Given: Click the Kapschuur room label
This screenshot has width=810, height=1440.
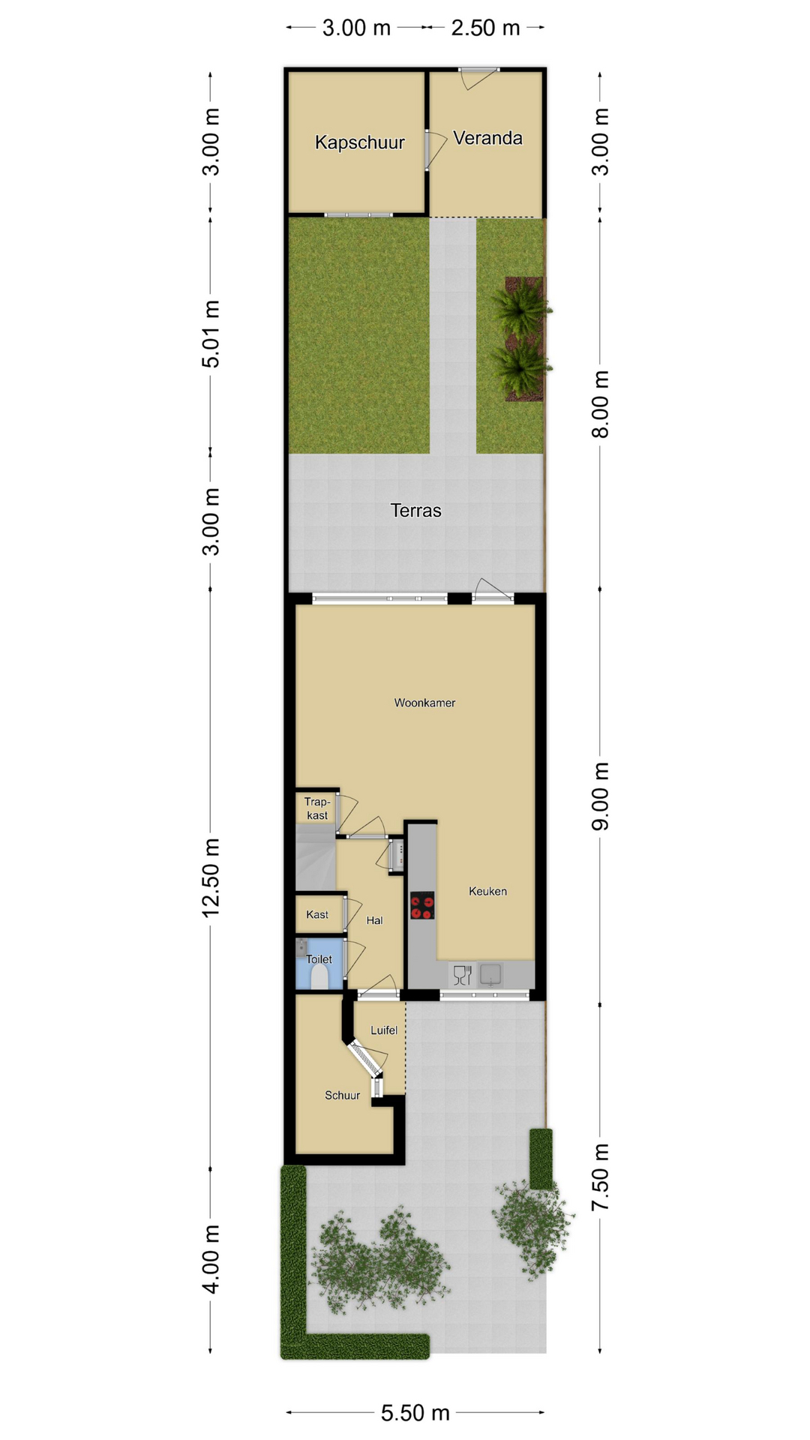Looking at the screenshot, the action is click(359, 142).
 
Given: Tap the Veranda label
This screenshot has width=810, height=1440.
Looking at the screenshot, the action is click(487, 138).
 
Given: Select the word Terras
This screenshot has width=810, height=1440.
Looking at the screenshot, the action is click(415, 511).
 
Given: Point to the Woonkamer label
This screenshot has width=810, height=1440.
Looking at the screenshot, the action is click(424, 703).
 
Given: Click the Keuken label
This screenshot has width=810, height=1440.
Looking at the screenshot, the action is click(487, 891).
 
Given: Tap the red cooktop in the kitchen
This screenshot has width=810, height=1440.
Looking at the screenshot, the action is click(422, 905).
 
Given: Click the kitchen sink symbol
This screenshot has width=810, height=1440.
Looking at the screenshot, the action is click(491, 974).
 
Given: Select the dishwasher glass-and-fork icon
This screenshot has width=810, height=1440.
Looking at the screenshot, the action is click(462, 975).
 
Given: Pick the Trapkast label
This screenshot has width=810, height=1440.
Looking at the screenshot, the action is click(317, 808).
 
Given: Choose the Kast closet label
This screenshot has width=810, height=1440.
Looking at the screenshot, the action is click(317, 914).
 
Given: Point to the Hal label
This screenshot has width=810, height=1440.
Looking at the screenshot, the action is click(374, 920).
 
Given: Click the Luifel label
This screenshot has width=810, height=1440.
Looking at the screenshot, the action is click(384, 1030).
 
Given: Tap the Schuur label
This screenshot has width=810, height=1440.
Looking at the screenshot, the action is click(342, 1095).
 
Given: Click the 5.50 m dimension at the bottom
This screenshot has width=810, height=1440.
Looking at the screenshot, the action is click(415, 1413).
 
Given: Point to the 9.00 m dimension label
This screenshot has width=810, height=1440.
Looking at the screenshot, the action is click(601, 796).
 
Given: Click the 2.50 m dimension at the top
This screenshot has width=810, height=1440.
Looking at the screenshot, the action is click(485, 28).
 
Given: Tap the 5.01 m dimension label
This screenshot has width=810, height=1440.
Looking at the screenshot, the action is click(211, 334).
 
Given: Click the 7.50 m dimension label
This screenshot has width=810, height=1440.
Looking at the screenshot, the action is click(601, 1177).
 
